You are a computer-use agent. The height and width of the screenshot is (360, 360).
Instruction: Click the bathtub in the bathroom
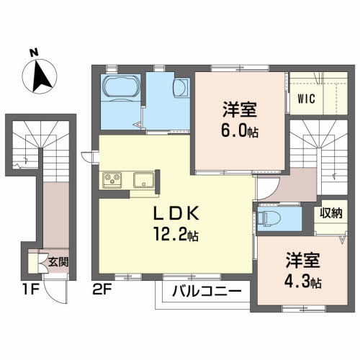click(121, 86)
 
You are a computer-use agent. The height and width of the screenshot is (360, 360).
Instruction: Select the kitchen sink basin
click(144, 180)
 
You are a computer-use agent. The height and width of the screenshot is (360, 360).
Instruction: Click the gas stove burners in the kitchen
click(112, 180)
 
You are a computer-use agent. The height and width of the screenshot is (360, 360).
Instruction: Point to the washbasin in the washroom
click(181, 87)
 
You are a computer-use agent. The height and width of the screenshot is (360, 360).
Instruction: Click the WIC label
click(307, 99)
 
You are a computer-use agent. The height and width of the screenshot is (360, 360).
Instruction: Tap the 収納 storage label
click(331, 212)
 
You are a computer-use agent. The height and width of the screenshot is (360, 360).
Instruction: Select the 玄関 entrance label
click(58, 262)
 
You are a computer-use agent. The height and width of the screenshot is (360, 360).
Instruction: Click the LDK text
click(176, 213)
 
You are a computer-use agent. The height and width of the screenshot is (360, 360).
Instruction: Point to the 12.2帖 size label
click(176, 235)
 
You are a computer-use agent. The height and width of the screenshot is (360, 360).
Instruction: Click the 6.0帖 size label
click(240, 131)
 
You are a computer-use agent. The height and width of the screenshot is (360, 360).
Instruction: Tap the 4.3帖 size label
click(303, 282)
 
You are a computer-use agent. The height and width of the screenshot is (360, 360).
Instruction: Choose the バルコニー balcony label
click(207, 292)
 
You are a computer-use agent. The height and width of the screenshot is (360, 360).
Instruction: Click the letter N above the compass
click(34, 53)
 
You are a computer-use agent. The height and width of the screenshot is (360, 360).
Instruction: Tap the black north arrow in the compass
click(41, 76)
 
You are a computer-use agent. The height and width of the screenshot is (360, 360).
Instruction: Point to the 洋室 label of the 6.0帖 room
click(240, 109)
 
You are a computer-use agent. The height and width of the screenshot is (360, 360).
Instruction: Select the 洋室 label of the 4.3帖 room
click(302, 261)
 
